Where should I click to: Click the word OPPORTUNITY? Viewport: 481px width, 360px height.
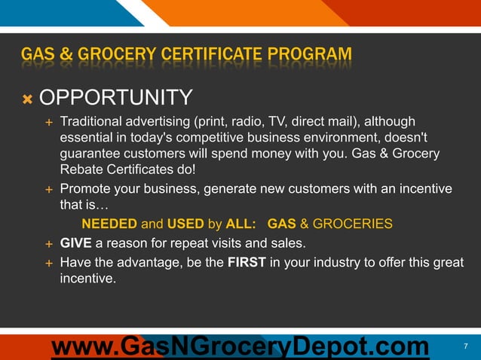pyautogui.click(x=115, y=98)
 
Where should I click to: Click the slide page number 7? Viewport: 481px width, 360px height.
pyautogui.click(x=465, y=346)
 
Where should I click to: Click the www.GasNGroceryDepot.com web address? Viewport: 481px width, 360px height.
pyautogui.click(x=240, y=347)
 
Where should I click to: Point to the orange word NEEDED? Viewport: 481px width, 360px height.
pyautogui.click(x=109, y=224)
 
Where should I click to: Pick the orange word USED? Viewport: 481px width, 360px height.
pyautogui.click(x=185, y=224)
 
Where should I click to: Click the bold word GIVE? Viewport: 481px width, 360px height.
pyautogui.click(x=76, y=243)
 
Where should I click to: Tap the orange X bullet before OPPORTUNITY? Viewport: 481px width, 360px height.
pyautogui.click(x=26, y=99)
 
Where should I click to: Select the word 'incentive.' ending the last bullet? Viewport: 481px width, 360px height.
pyautogui.click(x=88, y=279)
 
